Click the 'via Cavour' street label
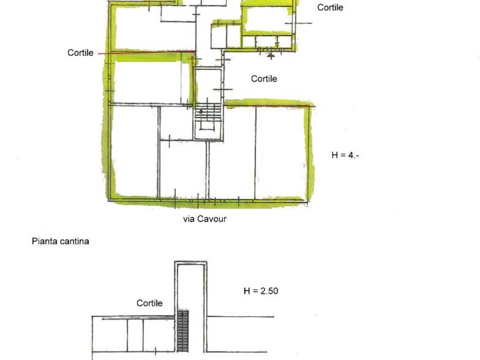205,219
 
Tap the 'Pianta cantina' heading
60,241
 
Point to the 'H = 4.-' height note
345,155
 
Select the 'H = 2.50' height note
261,291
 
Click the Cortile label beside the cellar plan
150,303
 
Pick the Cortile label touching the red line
81,52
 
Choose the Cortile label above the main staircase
264,79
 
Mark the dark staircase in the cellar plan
183,331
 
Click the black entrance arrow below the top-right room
270,55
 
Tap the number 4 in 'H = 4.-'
351,155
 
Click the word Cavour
212,219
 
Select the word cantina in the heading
75,241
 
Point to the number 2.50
270,291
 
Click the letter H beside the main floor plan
335,155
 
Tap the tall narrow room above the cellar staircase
191,287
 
